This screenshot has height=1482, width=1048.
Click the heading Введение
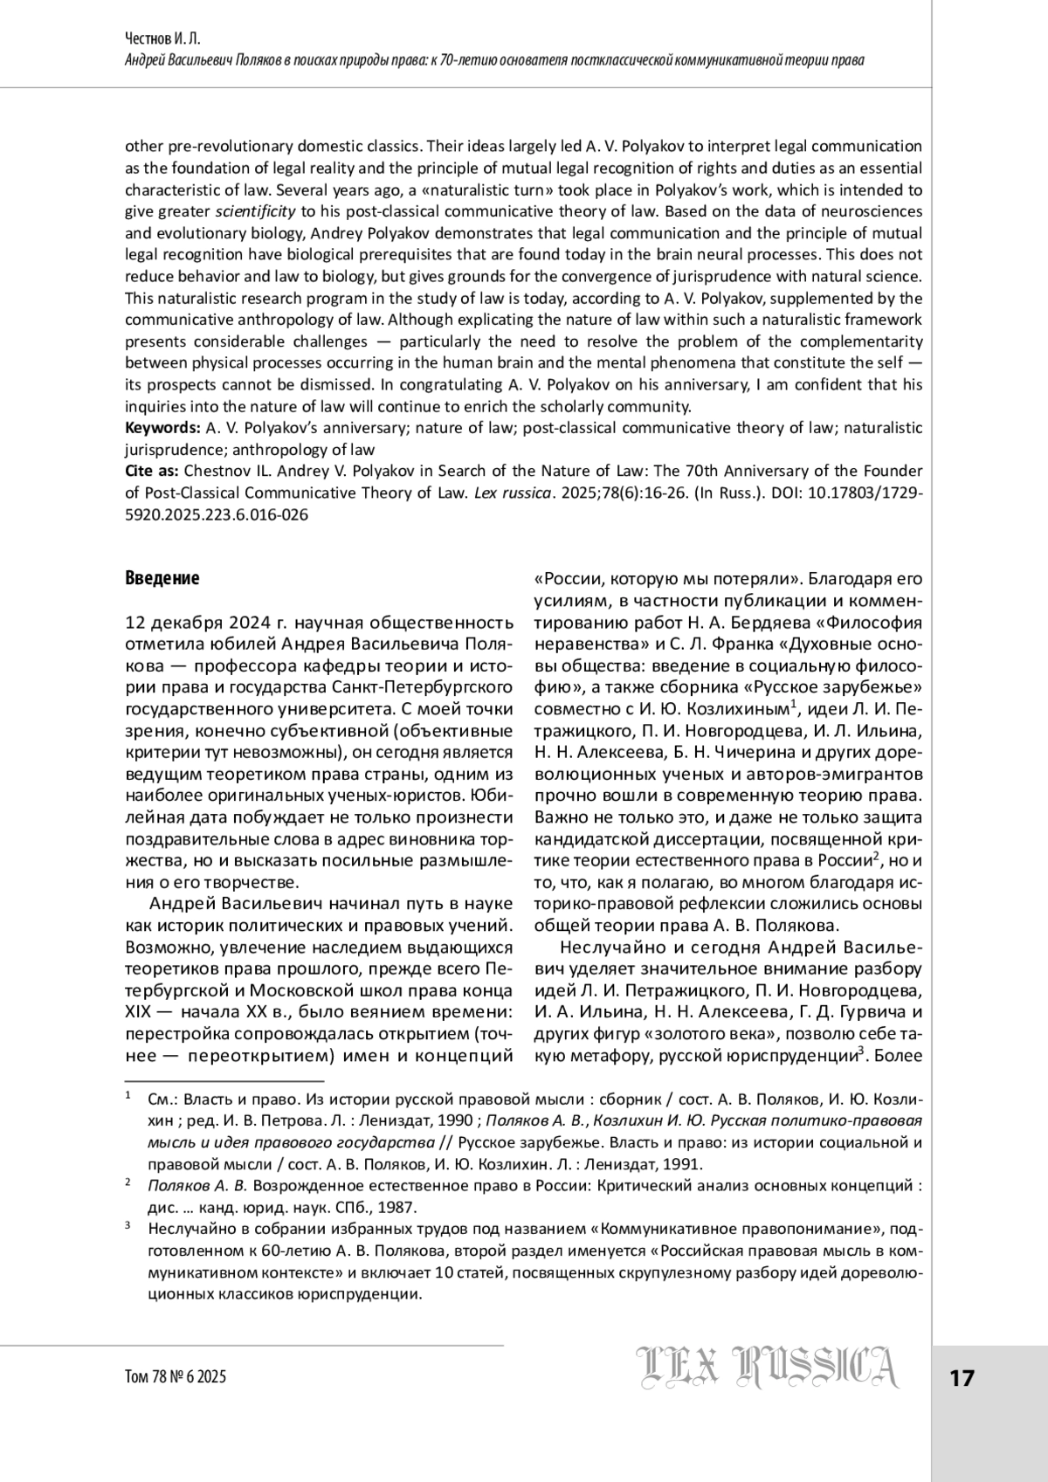(162, 578)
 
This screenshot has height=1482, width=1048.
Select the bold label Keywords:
(163, 428)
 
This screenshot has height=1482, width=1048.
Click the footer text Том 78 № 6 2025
(176, 1377)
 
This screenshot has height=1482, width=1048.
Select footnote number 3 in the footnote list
(128, 1226)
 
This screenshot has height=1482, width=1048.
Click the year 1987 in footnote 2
(397, 1208)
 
